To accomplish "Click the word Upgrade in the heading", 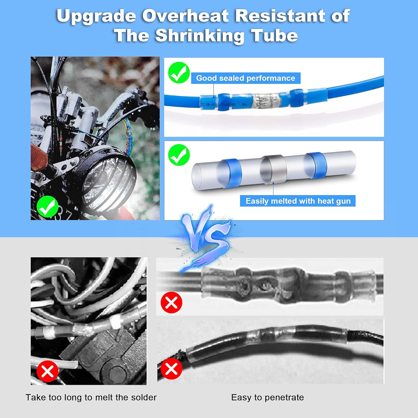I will click(96, 16).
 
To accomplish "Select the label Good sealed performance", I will click(246, 78).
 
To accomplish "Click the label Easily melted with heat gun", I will click(298, 201).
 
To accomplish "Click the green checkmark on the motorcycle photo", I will click(47, 206).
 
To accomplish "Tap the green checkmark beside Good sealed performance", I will click(179, 73).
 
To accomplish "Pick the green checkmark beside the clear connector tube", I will click(179, 155).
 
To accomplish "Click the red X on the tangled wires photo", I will click(47, 371).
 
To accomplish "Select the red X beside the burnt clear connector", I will click(171, 303).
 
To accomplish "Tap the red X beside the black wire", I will click(171, 369).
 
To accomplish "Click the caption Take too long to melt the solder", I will click(91, 397).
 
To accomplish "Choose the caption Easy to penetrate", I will click(268, 397).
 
